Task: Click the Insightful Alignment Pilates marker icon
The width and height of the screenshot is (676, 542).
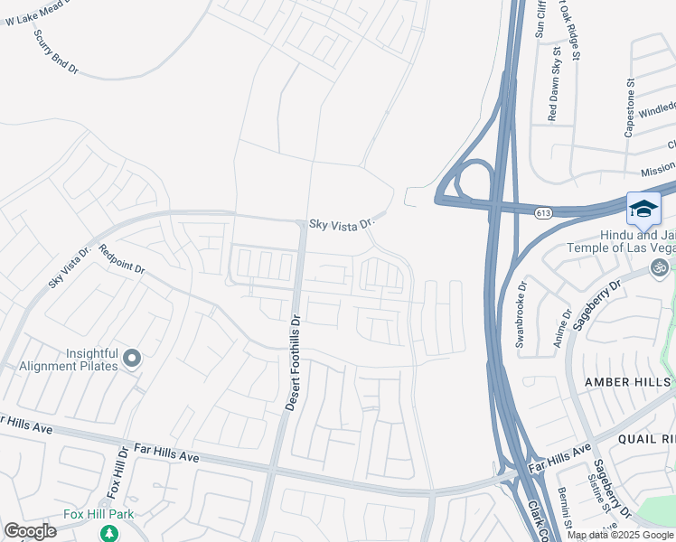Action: (x=132, y=360)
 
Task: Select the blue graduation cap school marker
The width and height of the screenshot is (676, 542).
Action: (x=643, y=210)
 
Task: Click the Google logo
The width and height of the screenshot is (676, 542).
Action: (x=30, y=531)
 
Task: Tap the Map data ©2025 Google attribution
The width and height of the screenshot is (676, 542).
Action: (x=621, y=535)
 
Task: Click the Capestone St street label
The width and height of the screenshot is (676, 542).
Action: (x=630, y=107)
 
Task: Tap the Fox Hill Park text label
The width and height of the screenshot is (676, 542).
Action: (x=99, y=515)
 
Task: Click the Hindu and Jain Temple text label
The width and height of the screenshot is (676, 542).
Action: (x=620, y=240)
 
